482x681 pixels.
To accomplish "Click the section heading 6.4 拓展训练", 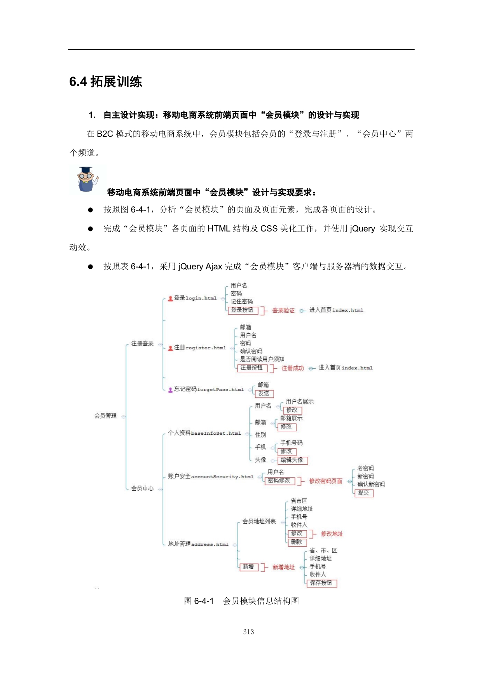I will [x=106, y=82].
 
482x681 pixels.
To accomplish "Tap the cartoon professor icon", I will [x=87, y=179].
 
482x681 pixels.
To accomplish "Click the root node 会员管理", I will [x=105, y=416].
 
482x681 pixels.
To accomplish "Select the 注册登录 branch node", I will [x=142, y=343].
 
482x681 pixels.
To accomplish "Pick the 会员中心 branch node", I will [x=142, y=488].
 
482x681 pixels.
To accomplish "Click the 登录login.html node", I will [x=193, y=298].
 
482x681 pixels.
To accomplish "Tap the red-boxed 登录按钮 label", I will [x=242, y=310].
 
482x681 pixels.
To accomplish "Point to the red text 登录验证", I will [x=283, y=310].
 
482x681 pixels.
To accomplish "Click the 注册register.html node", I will [x=197, y=348].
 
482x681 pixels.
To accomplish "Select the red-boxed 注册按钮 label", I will [x=251, y=367].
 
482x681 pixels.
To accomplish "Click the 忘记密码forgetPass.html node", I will [x=206, y=389].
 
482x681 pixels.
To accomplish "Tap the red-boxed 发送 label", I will [x=264, y=394].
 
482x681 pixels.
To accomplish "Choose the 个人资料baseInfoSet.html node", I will [x=204, y=433].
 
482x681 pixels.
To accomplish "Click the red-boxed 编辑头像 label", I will [x=292, y=460].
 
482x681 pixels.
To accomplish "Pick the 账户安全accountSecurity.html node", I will [x=211, y=476].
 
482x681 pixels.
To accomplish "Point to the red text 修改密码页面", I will [x=326, y=481].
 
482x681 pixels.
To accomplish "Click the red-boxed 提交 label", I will [x=363, y=493].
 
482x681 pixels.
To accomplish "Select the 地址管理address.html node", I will [x=198, y=544].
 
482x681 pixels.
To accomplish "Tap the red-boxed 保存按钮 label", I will [x=321, y=583].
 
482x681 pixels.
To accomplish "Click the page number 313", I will [x=248, y=632].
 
